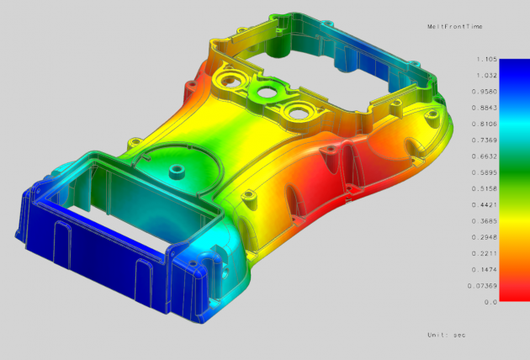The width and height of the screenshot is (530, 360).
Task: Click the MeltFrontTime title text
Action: (453, 28)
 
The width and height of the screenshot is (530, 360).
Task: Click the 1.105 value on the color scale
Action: (486, 60)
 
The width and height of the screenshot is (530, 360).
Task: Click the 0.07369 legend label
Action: (485, 285)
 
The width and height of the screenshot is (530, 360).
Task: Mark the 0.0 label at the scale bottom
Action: (490, 301)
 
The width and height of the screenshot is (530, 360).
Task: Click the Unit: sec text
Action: (446, 335)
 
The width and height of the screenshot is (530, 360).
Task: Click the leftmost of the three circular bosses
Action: (229, 81)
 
